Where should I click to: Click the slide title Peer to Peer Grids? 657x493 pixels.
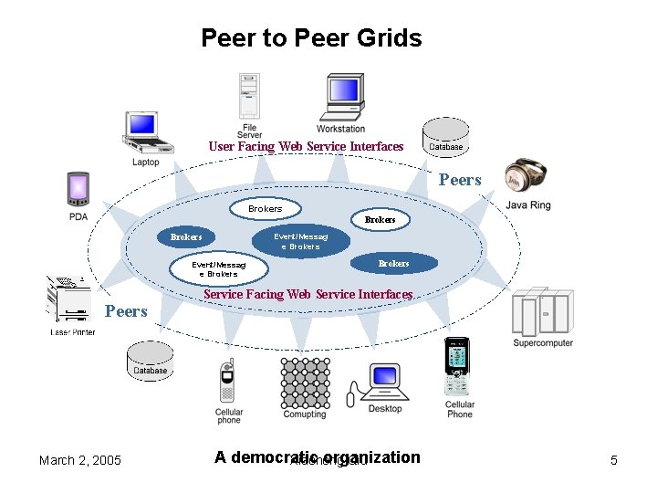pos(311,38)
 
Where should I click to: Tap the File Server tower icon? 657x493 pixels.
pos(249,96)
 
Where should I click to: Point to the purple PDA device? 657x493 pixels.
pos(78,190)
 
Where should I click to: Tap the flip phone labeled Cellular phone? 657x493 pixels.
pos(227,383)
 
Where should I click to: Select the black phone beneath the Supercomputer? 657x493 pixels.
pos(456,367)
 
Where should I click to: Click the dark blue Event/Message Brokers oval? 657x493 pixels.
pos(300,241)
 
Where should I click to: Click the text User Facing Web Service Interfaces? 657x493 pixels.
pos(306,146)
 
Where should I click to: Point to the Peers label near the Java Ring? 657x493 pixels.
pos(459,180)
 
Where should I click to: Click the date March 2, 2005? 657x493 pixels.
pos(80,460)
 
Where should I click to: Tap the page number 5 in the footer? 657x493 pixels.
pos(613,460)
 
